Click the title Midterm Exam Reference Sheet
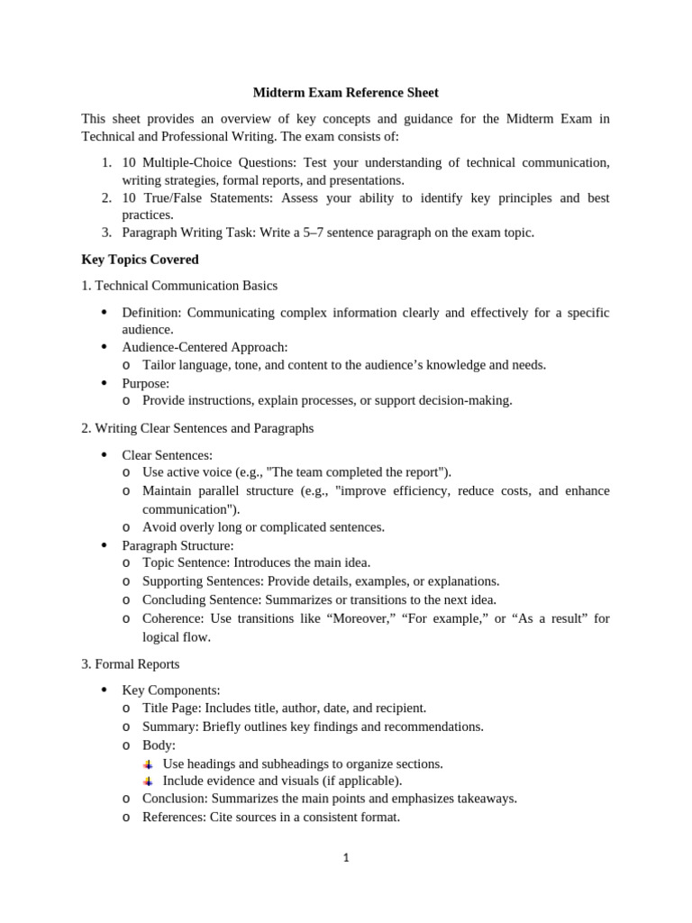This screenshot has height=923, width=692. point(346,92)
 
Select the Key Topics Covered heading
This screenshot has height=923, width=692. point(140,259)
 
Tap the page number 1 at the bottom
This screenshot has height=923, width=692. point(346,857)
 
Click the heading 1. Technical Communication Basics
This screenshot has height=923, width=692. point(179,285)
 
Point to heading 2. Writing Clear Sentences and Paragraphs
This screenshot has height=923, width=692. point(197,428)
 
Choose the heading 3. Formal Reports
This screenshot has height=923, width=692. point(131,663)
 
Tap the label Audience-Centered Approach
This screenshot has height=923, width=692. point(204,347)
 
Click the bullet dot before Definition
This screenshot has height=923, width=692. point(104,312)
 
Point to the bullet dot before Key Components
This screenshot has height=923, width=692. point(104,690)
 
